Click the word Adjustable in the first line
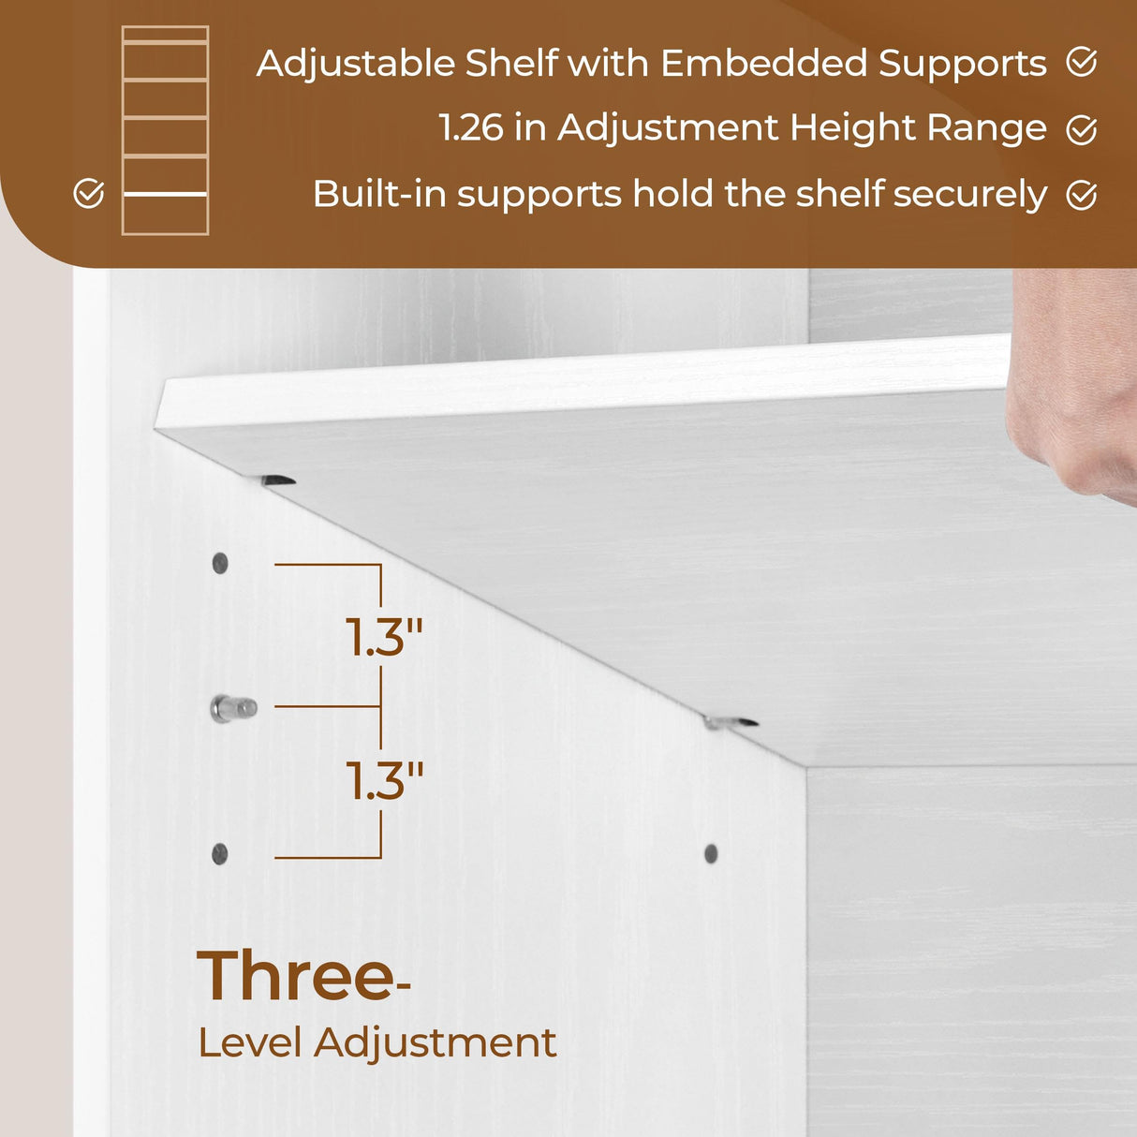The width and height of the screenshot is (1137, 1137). point(355,64)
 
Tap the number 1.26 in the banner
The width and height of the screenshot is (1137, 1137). point(471,128)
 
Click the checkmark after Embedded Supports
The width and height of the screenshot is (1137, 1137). point(1082,63)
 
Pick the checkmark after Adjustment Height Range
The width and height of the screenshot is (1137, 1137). point(1082,129)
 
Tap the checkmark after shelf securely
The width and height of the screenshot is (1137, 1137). point(1082,195)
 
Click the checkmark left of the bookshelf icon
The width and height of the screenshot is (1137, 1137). point(89,194)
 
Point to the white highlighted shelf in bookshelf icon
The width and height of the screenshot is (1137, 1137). point(165,194)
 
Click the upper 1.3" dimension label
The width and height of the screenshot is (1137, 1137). point(384,638)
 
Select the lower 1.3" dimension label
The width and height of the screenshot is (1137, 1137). point(384,781)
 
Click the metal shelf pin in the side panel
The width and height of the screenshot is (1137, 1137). point(232,708)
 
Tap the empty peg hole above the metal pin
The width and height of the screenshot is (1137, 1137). point(220,563)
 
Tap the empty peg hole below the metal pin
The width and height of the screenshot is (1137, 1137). point(220,853)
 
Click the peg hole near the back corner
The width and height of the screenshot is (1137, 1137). point(711,853)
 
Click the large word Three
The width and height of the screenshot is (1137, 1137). point(297,976)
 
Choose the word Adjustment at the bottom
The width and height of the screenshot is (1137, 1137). point(436,1043)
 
